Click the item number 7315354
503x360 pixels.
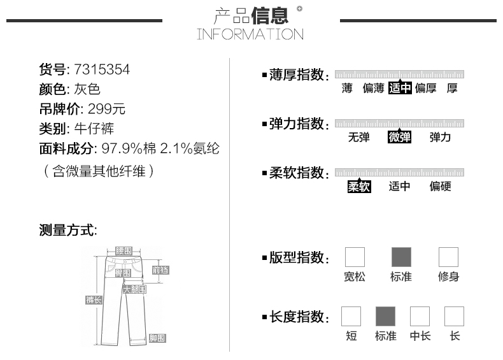click(x=102, y=69)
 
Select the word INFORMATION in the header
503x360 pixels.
click(x=250, y=34)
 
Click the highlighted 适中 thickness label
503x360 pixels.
click(x=400, y=89)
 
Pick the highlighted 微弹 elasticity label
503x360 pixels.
click(x=399, y=137)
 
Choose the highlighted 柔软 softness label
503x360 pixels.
click(x=358, y=187)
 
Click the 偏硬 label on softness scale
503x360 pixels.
click(x=440, y=187)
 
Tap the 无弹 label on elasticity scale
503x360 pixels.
click(x=358, y=137)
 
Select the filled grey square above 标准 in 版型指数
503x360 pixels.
click(x=401, y=257)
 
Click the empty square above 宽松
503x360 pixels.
click(x=355, y=257)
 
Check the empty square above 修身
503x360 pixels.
click(x=448, y=257)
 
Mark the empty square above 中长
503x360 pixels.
click(x=420, y=317)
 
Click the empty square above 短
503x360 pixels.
click(x=351, y=317)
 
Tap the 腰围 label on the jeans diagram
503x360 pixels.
click(x=124, y=251)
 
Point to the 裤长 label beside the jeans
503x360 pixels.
click(x=94, y=299)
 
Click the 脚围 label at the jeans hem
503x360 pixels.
click(x=157, y=338)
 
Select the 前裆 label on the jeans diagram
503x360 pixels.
click(x=160, y=270)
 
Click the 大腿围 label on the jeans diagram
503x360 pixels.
click(x=134, y=289)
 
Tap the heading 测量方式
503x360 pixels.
click(x=68, y=230)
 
